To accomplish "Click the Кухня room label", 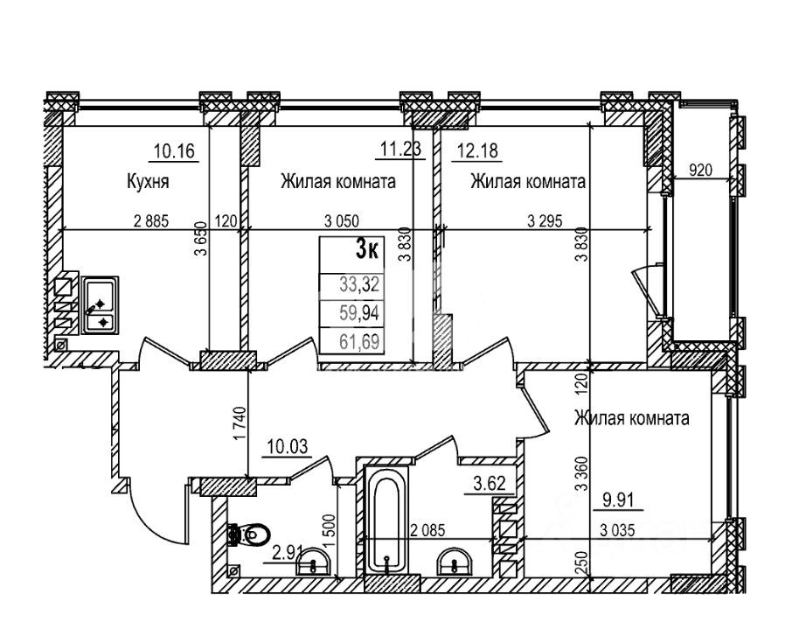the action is click(x=147, y=182).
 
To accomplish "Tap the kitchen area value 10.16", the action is click(x=175, y=151).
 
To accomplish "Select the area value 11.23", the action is click(x=401, y=150).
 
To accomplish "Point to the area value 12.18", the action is click(x=477, y=151).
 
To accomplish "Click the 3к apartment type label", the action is click(x=367, y=250).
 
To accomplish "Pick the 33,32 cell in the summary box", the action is click(x=359, y=284).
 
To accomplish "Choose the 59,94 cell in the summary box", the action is click(x=359, y=313).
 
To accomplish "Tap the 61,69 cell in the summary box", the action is click(x=359, y=341).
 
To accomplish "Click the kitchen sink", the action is click(x=100, y=305).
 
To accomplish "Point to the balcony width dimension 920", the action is click(x=700, y=170).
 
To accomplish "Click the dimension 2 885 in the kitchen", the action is click(x=151, y=221).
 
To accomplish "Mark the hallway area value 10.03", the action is click(x=288, y=447).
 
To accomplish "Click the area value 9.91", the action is click(x=618, y=500).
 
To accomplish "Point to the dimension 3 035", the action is click(x=617, y=531).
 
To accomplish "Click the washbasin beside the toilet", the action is click(x=313, y=562).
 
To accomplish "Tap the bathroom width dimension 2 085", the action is click(x=427, y=531).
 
